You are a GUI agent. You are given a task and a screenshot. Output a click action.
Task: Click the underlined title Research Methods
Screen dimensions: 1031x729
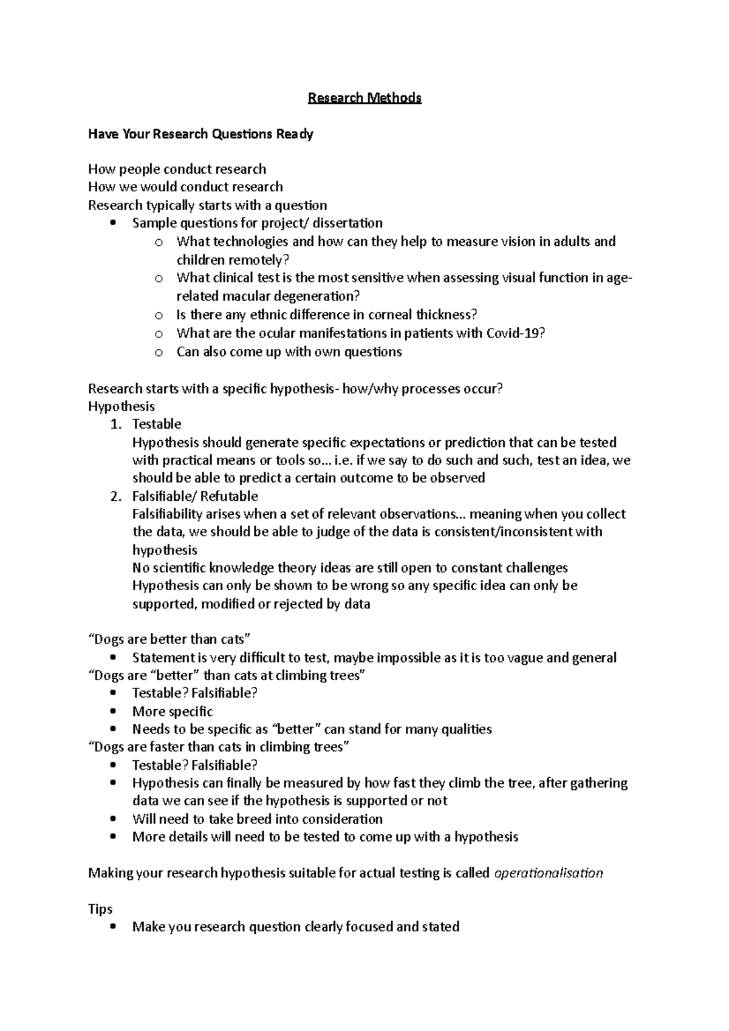click(364, 98)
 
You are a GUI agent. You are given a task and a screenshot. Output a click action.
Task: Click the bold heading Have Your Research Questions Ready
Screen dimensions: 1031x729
click(200, 134)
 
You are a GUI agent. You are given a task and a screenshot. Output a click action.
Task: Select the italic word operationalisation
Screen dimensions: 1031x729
click(549, 873)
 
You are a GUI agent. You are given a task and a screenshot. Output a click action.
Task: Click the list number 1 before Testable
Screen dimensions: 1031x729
click(115, 424)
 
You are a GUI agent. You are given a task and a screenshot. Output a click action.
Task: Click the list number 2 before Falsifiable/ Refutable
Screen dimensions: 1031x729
click(115, 496)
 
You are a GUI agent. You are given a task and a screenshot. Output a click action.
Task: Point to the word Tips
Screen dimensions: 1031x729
click(100, 909)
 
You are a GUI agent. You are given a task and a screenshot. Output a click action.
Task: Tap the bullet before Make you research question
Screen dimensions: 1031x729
click(113, 927)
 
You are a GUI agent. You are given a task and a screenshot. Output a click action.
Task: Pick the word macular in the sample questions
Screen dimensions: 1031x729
click(245, 296)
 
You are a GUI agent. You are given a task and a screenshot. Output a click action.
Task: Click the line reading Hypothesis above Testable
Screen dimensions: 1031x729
click(122, 406)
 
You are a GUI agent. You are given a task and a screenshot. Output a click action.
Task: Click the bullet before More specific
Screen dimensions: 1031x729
click(113, 712)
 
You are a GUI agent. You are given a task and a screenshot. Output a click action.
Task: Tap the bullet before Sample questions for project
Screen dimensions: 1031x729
click(113, 223)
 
